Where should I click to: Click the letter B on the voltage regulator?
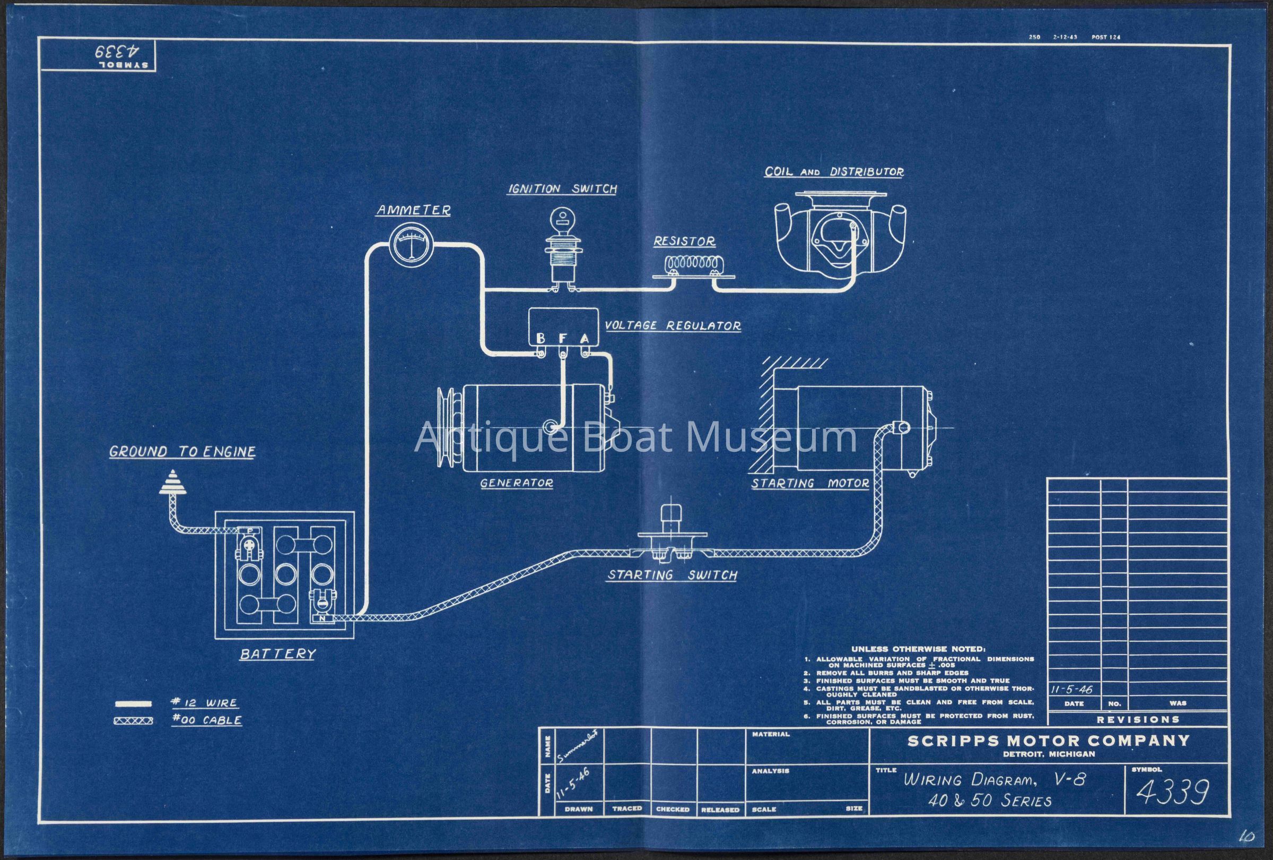pyautogui.click(x=540, y=338)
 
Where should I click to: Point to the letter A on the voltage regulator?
pyautogui.click(x=585, y=338)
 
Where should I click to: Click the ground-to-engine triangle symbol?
pyautogui.click(x=172, y=483)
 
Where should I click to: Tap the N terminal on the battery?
pyautogui.click(x=323, y=618)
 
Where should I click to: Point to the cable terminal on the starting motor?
pyautogui.click(x=899, y=427)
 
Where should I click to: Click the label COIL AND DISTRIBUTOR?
pyautogui.click(x=834, y=171)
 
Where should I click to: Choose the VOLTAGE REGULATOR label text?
pyautogui.click(x=673, y=325)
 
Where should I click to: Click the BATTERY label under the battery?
pyautogui.click(x=278, y=654)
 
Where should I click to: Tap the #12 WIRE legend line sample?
pyautogui.click(x=134, y=703)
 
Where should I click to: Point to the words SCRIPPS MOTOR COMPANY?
pyautogui.click(x=1049, y=741)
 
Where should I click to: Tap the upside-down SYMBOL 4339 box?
pyautogui.click(x=99, y=55)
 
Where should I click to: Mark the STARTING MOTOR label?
pyautogui.click(x=809, y=484)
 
